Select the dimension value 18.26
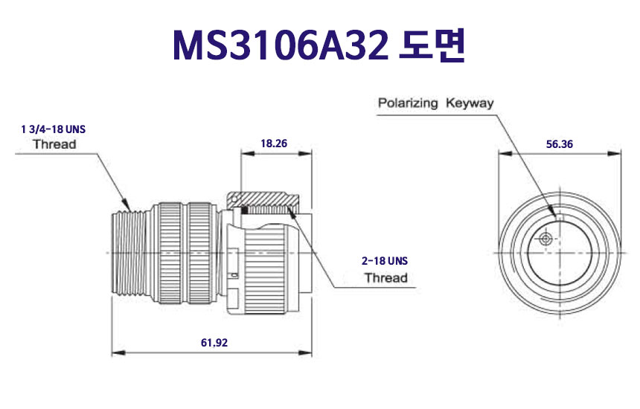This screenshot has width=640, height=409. [275, 144]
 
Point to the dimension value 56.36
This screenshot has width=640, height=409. [559, 144]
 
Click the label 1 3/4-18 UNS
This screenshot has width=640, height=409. [54, 129]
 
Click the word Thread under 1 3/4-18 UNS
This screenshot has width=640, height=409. [54, 144]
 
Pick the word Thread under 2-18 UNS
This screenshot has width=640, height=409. [385, 278]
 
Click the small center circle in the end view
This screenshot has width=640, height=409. [546, 239]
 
